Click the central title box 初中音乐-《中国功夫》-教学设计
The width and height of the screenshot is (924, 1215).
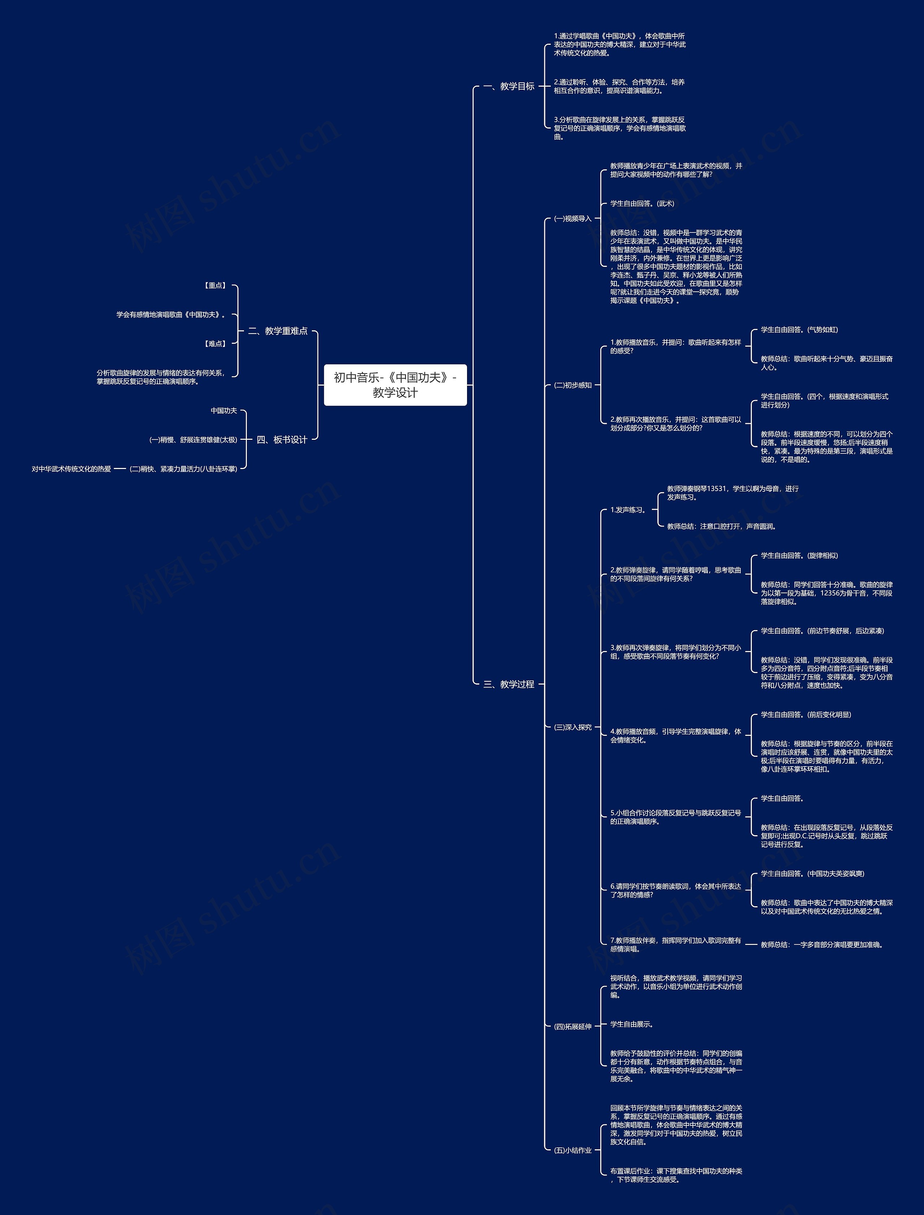(395, 385)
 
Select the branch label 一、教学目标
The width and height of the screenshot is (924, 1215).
(509, 86)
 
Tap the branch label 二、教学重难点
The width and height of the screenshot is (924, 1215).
(278, 331)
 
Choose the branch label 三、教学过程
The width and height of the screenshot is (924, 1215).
(509, 684)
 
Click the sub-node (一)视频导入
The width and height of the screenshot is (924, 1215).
(572, 218)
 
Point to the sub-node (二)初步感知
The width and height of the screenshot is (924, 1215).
(572, 385)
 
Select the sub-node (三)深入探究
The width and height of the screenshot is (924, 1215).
(572, 727)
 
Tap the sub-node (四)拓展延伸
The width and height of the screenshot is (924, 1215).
(572, 1026)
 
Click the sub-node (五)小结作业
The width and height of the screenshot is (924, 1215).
(572, 1150)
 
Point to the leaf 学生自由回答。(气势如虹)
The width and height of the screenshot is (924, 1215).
(799, 330)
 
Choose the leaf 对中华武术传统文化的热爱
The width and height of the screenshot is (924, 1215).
(71, 469)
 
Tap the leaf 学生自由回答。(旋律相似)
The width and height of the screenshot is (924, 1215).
(799, 555)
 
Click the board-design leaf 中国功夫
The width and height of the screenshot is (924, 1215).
(224, 411)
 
